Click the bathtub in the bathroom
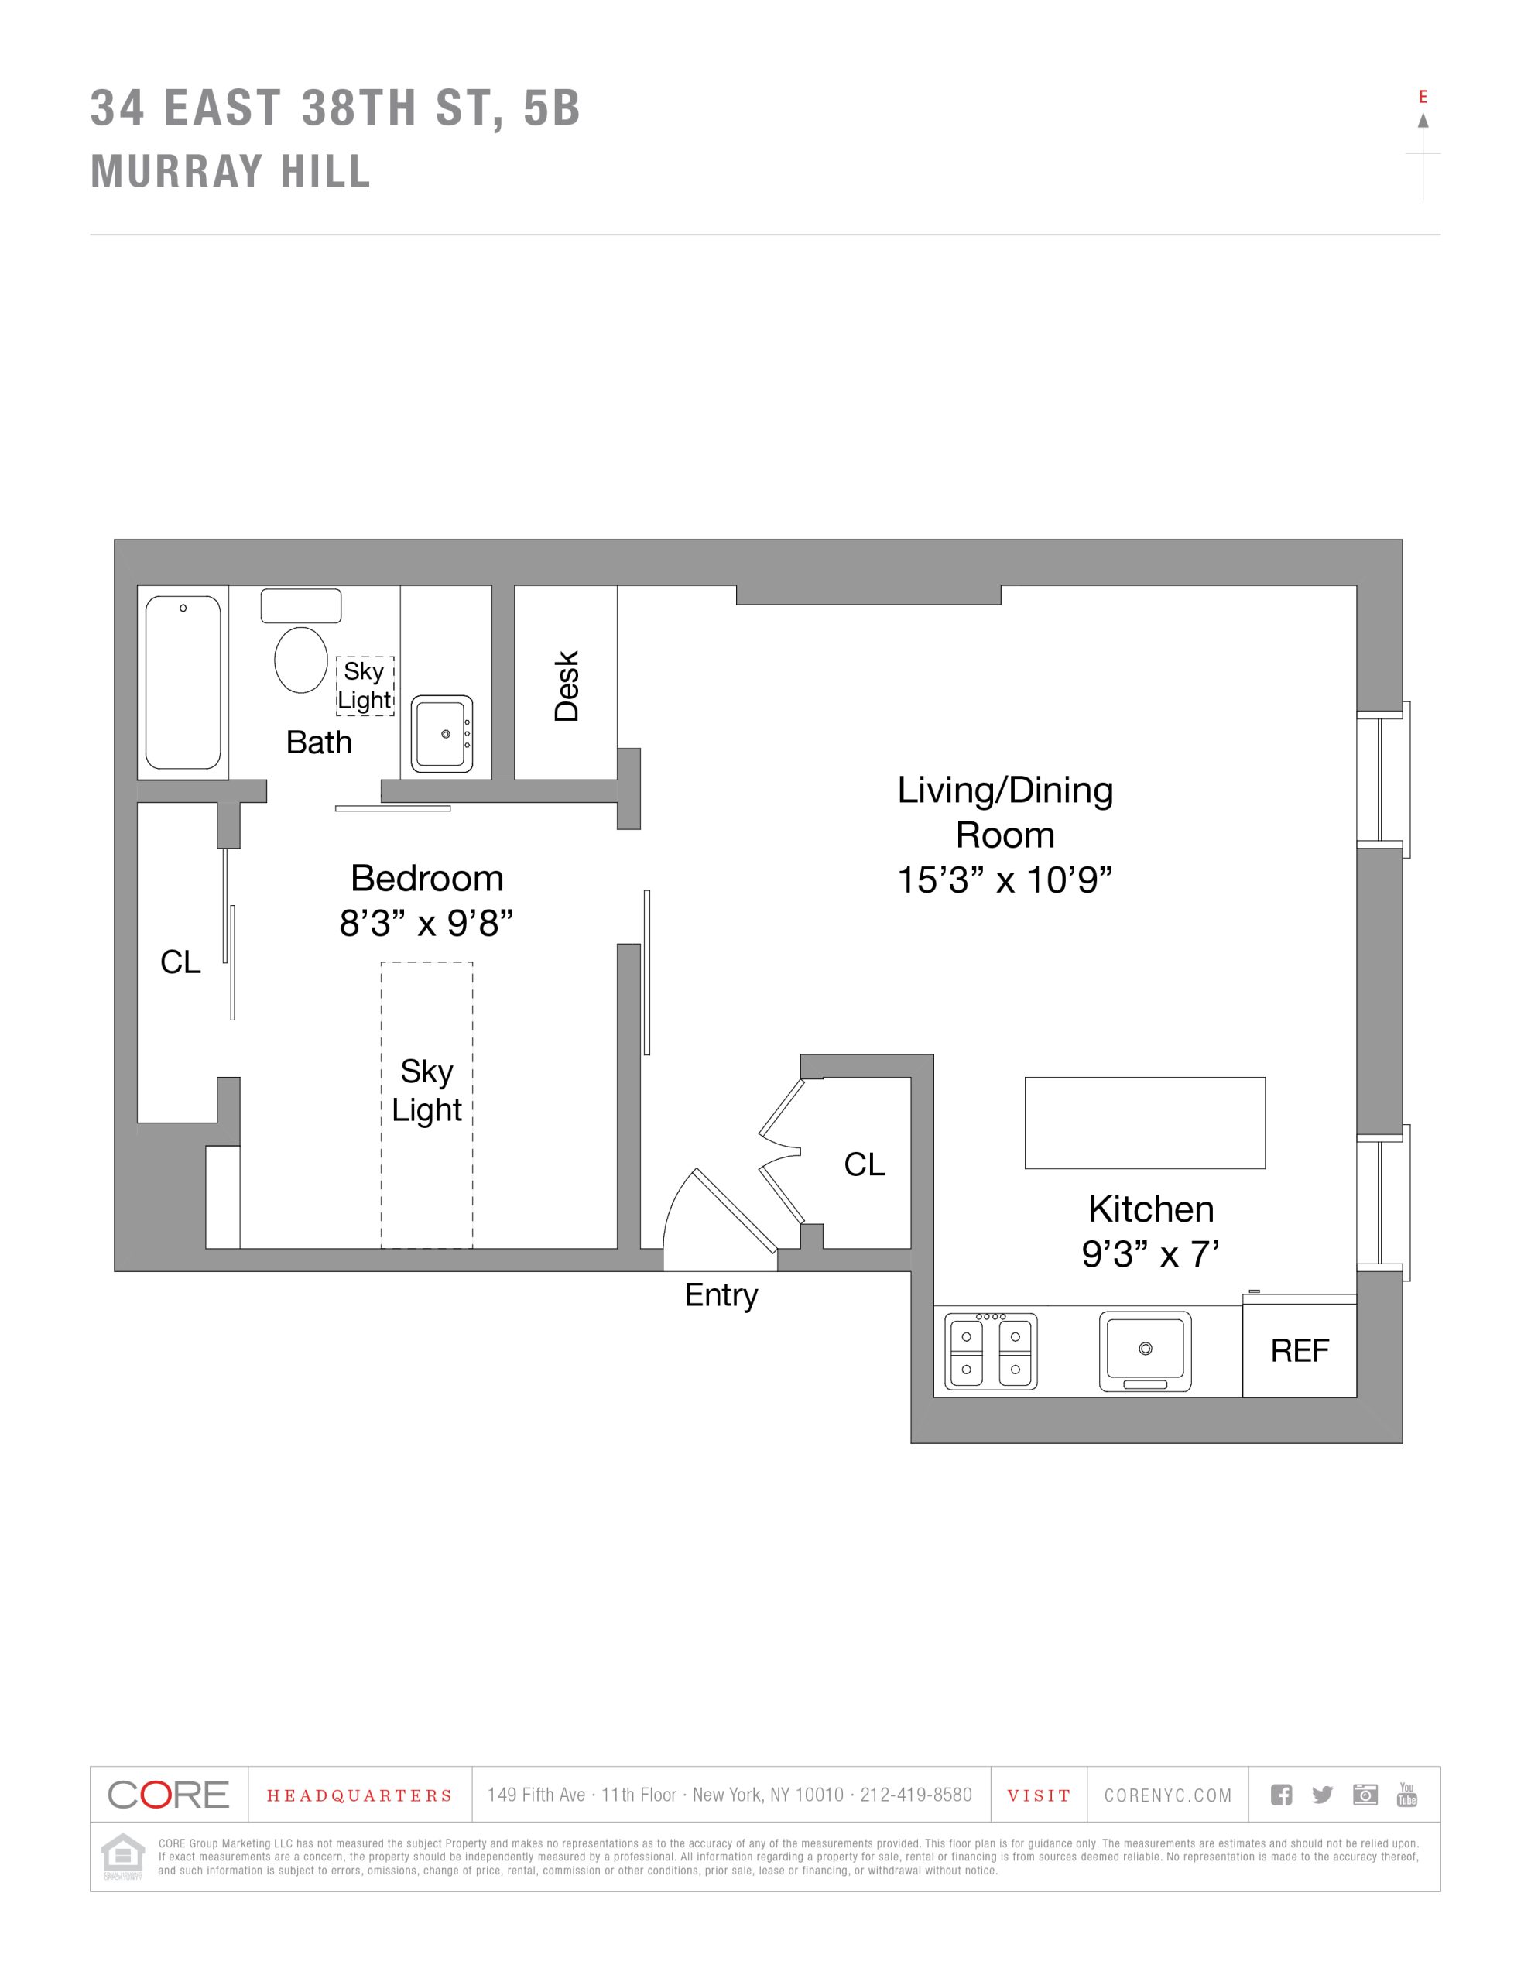click(183, 682)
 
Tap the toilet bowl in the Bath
click(301, 660)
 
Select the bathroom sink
click(442, 733)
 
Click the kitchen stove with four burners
click(991, 1350)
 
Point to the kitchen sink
click(1146, 1350)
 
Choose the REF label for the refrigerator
click(1300, 1351)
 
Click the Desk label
click(567, 686)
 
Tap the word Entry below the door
click(721, 1295)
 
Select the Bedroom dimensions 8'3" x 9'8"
click(426, 924)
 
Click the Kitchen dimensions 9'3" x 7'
click(1150, 1254)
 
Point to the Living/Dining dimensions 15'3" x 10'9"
click(1005, 880)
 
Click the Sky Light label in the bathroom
click(365, 686)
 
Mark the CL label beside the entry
click(864, 1164)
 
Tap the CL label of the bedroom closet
click(180, 962)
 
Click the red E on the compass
click(1423, 97)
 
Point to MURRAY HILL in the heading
click(231, 172)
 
